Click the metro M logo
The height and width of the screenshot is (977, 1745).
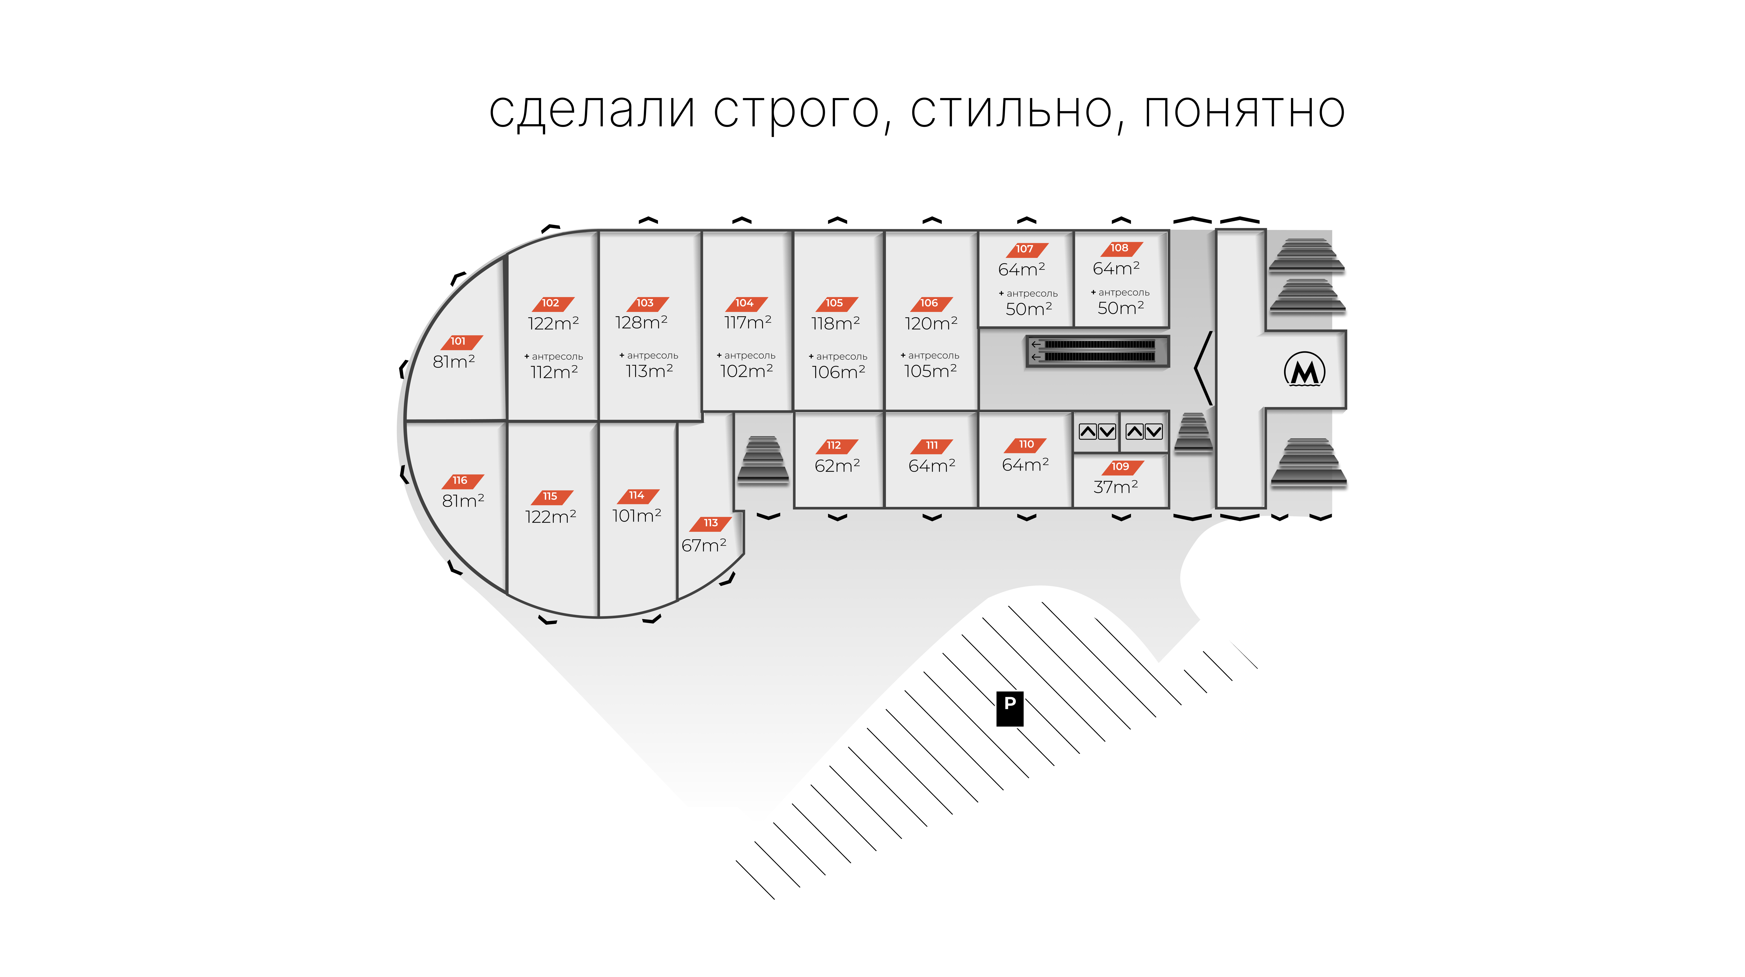tap(1304, 370)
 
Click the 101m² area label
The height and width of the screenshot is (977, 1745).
tap(636, 516)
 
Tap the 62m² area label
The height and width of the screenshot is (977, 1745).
tap(837, 466)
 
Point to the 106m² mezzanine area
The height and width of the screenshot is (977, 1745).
tap(838, 372)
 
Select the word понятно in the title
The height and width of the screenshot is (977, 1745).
tap(1244, 110)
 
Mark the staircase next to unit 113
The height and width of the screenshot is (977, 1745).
tap(763, 460)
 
